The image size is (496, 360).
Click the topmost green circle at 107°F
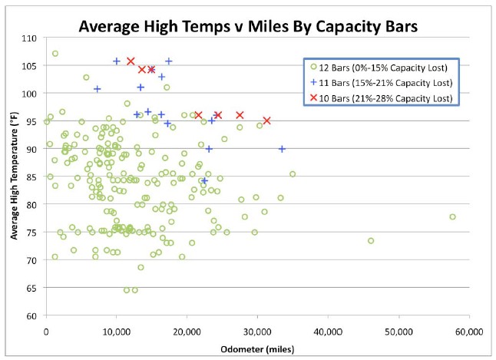[x=55, y=54]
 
